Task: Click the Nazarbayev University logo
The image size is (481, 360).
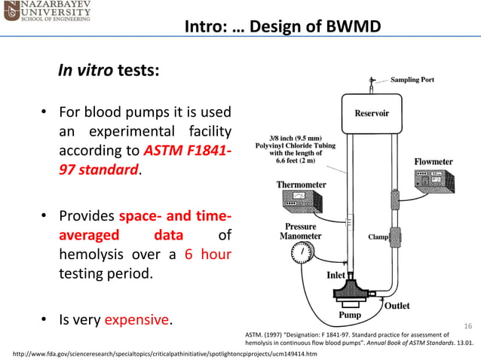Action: coord(47,12)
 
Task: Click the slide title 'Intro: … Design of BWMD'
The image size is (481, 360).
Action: coord(283,28)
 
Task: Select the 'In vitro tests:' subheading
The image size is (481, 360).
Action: coord(109,71)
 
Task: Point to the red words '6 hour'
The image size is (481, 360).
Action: coord(208,254)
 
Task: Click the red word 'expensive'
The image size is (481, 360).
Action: coord(136,320)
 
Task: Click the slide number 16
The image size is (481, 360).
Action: coord(467,325)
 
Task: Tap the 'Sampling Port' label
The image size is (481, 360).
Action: coord(412,80)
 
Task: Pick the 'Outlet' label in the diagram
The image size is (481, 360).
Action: coord(397,306)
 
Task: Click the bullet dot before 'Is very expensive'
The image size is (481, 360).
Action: coord(44,321)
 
